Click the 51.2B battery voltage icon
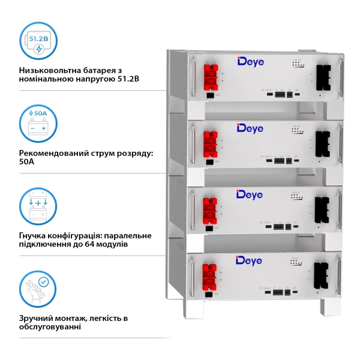click(38, 41)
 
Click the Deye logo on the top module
click(251, 62)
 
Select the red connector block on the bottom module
click(211, 274)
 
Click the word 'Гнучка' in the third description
click(35, 235)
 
